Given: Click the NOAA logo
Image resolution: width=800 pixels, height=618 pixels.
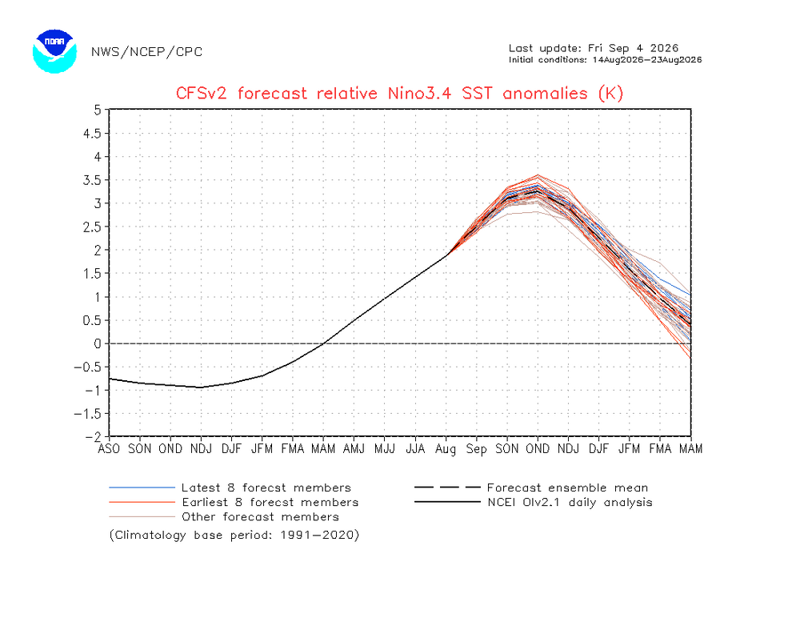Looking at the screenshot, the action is pyautogui.click(x=54, y=51).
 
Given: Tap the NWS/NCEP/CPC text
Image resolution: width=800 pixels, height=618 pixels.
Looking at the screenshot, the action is pyautogui.click(x=147, y=51).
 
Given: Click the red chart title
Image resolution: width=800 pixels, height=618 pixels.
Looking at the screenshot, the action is pyautogui.click(x=399, y=94).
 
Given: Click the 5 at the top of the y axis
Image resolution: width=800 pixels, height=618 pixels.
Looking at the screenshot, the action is pyautogui.click(x=98, y=110).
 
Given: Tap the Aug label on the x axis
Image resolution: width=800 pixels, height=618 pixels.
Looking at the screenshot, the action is pyautogui.click(x=446, y=449).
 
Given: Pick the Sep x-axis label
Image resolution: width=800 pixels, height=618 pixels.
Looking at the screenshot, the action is pyautogui.click(x=476, y=449).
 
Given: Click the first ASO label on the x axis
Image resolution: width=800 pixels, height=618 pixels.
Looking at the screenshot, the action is pyautogui.click(x=109, y=449).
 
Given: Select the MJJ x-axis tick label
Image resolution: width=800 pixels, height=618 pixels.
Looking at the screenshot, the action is pyautogui.click(x=385, y=449).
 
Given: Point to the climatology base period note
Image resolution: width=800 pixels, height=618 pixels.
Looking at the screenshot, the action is pyautogui.click(x=234, y=536).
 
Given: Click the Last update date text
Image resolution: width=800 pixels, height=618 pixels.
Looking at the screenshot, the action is pyautogui.click(x=594, y=48).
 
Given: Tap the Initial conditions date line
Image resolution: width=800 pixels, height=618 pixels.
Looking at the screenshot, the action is pyautogui.click(x=605, y=60).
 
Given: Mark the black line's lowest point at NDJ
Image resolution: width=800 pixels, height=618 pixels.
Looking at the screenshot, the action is pyautogui.click(x=201, y=387).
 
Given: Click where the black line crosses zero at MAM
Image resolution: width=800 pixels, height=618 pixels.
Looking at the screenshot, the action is pyautogui.click(x=323, y=343).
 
